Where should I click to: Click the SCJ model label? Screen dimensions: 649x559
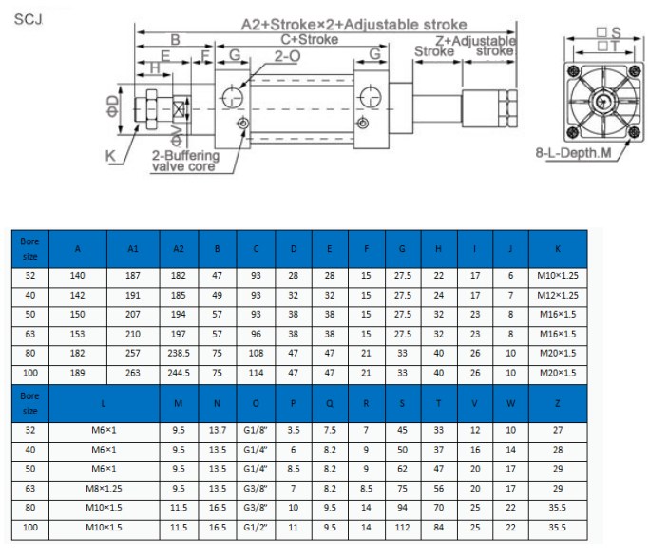[29, 19]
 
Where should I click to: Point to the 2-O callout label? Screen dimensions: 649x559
[287, 56]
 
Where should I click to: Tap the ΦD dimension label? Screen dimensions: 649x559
[113, 106]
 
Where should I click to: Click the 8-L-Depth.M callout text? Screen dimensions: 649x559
[573, 153]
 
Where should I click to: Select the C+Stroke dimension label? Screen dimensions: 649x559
[310, 39]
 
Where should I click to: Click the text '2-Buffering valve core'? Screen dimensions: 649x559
[185, 161]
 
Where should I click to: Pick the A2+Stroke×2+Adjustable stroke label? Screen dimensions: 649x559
[353, 25]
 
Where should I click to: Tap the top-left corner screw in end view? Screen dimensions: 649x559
[573, 70]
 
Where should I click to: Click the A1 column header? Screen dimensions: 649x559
[133, 249]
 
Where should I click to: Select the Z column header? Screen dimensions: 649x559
[558, 403]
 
